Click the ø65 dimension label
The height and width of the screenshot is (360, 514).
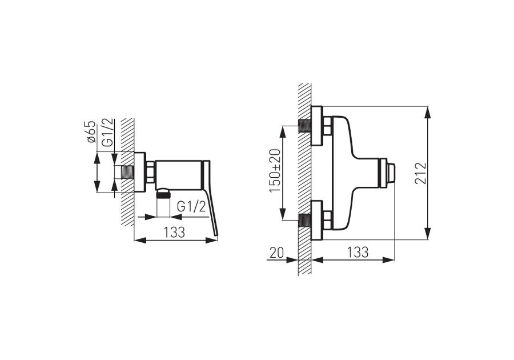click(x=92, y=132)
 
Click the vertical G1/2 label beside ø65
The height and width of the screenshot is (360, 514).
click(x=108, y=133)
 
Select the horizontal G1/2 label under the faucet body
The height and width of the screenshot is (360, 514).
click(x=192, y=207)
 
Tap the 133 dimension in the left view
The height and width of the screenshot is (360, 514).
click(x=174, y=232)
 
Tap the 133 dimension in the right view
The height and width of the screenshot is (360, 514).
click(x=358, y=252)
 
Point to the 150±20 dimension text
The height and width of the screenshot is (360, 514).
click(x=275, y=171)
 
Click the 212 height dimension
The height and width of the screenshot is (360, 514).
click(x=421, y=173)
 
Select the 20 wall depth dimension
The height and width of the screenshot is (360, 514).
click(x=276, y=253)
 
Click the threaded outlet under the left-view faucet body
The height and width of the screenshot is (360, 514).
click(x=163, y=194)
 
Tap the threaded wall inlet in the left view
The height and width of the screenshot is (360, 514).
click(x=127, y=172)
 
